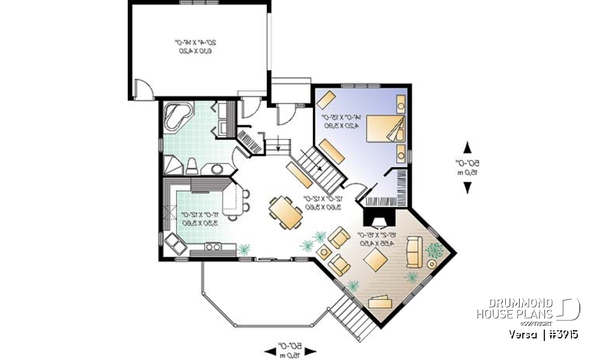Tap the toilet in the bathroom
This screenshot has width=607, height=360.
(x=192, y=166)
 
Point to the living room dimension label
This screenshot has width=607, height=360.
(x=377, y=239)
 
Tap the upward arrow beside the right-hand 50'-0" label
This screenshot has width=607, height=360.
(x=468, y=148)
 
